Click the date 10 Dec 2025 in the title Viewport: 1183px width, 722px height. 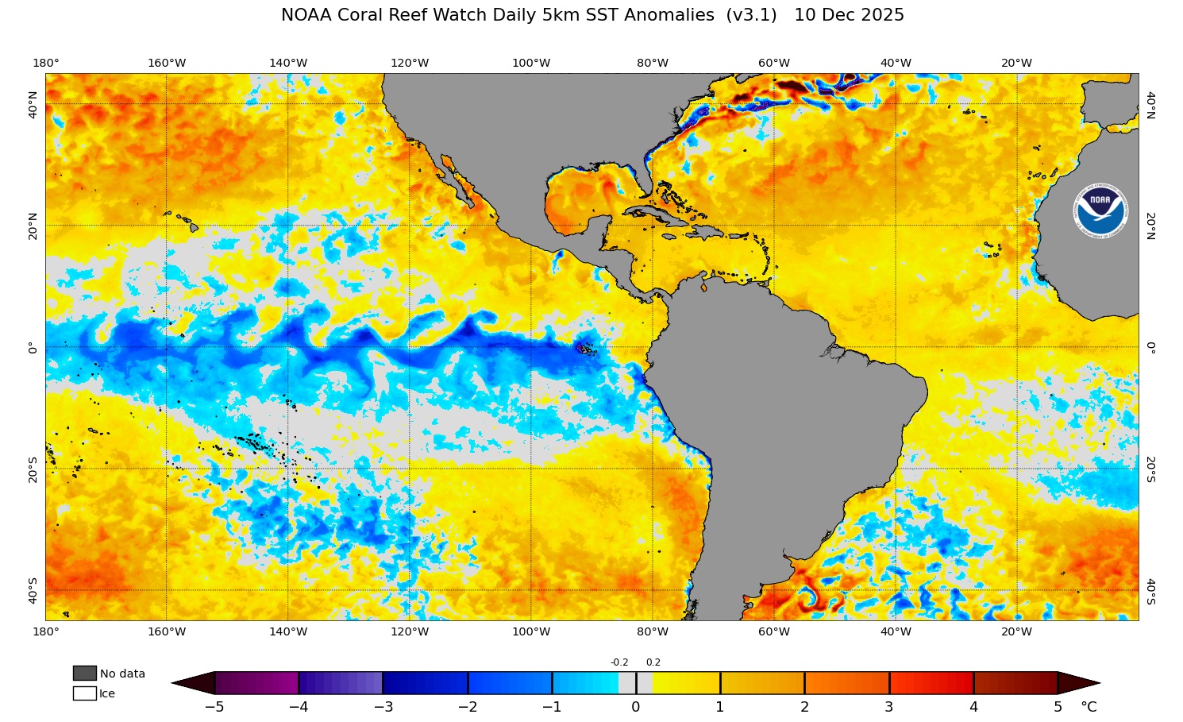849,15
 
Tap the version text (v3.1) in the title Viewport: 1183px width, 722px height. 751,15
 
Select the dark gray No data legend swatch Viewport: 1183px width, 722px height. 84,674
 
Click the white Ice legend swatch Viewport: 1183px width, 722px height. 84,693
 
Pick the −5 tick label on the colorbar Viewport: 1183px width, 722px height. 214,707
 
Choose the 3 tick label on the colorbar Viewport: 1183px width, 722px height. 889,707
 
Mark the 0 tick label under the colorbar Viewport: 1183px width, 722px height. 636,707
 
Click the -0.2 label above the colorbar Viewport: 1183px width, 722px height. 619,662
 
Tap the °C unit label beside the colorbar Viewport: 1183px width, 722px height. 1089,707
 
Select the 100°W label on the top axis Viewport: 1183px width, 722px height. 531,63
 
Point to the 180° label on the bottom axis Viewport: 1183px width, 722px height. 45,632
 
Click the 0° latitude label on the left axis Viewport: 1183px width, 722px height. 33,348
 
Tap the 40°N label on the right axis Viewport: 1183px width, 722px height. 1150,104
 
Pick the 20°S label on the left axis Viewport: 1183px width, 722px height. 33,469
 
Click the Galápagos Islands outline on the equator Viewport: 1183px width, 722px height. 586,349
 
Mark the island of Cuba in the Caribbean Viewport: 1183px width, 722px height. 655,214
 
